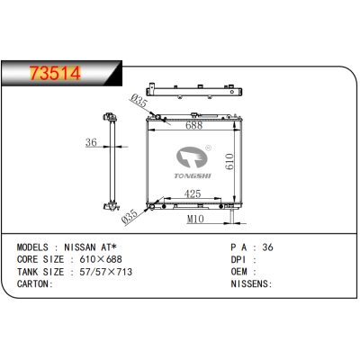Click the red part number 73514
pyautogui.click(x=55, y=73)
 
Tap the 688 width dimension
pyautogui.click(x=193, y=125)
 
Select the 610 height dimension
pyautogui.click(x=229, y=162)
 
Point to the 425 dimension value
pyautogui.click(x=193, y=193)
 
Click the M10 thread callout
pyautogui.click(x=195, y=219)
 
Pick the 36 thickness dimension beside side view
pyautogui.click(x=91, y=142)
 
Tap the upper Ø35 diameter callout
pyautogui.click(x=139, y=101)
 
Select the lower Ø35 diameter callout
pyautogui.click(x=130, y=216)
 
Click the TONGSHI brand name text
pyautogui.click(x=193, y=175)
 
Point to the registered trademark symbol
pyautogui.click(x=208, y=148)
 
